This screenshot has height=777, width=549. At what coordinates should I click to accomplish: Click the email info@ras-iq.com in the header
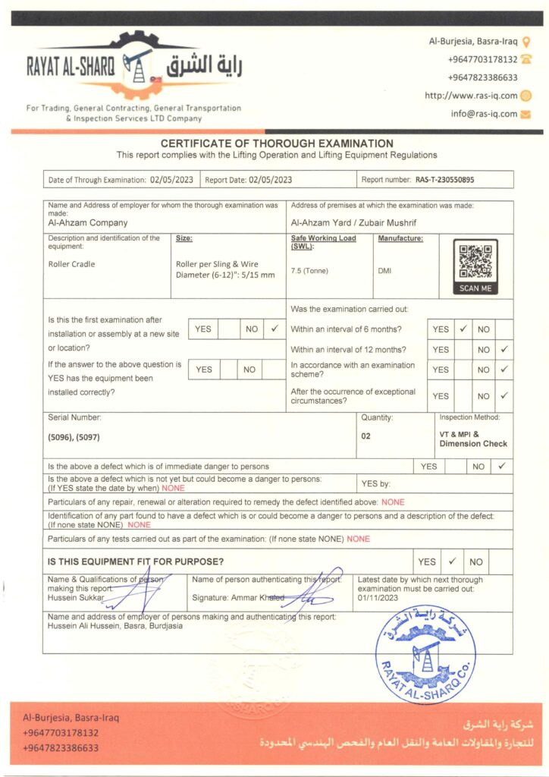pos(484,114)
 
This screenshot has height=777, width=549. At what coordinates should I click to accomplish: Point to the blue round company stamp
pos(425,653)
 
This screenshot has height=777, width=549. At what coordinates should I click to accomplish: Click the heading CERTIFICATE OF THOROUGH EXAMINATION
pos(277,143)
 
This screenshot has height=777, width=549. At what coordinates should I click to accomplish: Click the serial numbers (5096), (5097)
pos(74,439)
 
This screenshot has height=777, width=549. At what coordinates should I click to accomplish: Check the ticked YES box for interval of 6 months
pos(463,329)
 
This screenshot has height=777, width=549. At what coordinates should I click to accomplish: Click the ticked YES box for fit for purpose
pos(451,562)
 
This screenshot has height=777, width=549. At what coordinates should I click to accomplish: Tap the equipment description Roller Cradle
pos(71,264)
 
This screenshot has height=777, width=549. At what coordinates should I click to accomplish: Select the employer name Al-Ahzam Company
pos(88,223)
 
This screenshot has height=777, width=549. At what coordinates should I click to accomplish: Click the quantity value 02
pos(365,436)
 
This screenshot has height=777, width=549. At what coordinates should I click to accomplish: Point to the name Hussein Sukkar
pos(73,597)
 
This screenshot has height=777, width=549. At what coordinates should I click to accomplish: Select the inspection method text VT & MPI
pos(460,433)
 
